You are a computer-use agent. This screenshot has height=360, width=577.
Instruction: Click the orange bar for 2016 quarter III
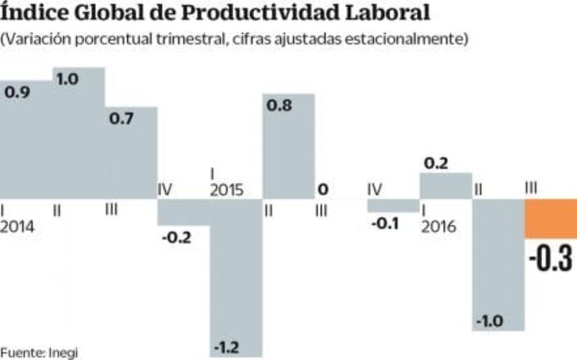point(550,218)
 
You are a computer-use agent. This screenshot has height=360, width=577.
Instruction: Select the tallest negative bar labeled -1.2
point(236,273)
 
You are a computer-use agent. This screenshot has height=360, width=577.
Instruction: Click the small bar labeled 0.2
point(445,186)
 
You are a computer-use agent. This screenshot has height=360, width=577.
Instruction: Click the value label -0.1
point(384,224)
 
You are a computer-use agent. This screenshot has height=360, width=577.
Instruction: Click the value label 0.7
point(121,119)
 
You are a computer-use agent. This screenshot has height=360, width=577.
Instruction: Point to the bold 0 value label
point(323,189)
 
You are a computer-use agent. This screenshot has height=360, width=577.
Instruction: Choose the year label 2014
point(17,227)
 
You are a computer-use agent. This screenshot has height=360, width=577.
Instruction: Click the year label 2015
point(226,190)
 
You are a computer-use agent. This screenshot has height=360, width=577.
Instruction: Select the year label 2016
point(439,227)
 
